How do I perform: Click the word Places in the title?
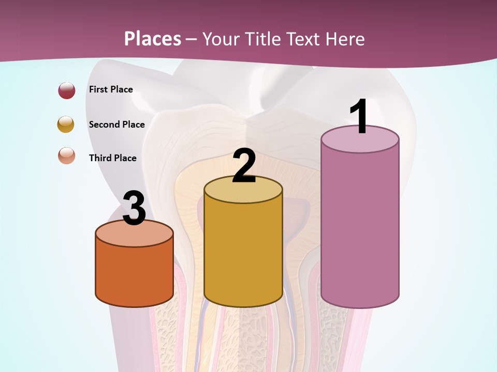[153, 39]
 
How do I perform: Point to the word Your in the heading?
[222, 39]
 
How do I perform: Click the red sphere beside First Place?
[67, 90]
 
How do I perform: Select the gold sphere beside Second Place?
[66, 125]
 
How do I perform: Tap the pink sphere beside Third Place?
[67, 156]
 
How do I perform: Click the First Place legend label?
[111, 89]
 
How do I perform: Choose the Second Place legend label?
[116, 125]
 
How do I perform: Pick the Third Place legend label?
[112, 158]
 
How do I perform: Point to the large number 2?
[244, 165]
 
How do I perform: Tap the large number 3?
[134, 208]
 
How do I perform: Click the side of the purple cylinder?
[360, 227]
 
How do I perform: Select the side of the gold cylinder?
[243, 253]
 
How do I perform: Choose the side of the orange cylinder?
[134, 274]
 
